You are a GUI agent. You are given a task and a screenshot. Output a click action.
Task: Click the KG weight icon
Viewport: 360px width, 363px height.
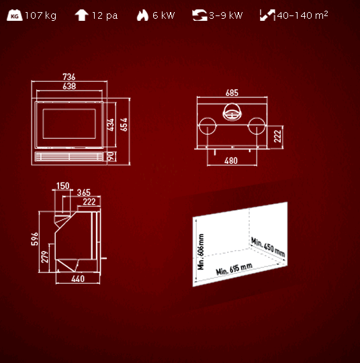tap(15, 15)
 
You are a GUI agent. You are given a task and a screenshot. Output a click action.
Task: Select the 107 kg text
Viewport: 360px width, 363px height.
tap(41, 15)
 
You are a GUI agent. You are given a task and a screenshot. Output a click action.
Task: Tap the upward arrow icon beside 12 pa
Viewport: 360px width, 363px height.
tap(81, 15)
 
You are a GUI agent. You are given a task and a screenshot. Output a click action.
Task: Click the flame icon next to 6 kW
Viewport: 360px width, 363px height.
tap(142, 15)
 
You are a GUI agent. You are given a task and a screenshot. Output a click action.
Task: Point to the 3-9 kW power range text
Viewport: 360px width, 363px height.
tap(226, 15)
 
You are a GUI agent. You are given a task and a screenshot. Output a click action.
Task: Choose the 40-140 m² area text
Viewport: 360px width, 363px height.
tap(302, 15)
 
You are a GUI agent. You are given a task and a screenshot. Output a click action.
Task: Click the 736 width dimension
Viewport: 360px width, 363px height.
tap(69, 76)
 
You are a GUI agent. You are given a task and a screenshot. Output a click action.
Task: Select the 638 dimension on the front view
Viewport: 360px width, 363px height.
tap(69, 86)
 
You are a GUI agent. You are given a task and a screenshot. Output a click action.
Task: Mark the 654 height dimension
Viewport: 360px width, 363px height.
tap(124, 125)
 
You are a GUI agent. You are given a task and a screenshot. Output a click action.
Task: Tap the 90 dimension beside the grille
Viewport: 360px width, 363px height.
tap(111, 156)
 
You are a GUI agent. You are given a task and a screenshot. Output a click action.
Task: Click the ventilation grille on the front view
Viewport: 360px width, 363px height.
tap(69, 156)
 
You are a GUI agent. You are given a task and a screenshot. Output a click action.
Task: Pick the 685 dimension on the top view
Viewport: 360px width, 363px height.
tap(232, 93)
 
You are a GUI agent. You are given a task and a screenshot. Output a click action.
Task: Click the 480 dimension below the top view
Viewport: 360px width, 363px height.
tap(231, 160)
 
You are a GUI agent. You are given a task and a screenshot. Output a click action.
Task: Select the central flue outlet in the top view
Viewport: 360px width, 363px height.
tap(232, 112)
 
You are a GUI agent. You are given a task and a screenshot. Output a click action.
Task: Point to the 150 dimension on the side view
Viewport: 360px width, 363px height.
tap(62, 186)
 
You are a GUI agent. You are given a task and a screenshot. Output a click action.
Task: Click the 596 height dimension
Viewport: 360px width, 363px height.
tap(35, 239)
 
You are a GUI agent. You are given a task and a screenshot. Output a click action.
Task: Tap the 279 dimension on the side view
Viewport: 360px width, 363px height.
tap(45, 257)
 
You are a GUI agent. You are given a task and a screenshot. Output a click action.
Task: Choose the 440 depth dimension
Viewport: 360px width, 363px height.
tap(78, 278)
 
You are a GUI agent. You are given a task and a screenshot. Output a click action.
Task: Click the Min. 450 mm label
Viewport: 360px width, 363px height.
tap(268, 247)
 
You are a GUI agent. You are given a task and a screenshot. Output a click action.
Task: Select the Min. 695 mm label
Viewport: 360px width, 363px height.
tap(234, 269)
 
